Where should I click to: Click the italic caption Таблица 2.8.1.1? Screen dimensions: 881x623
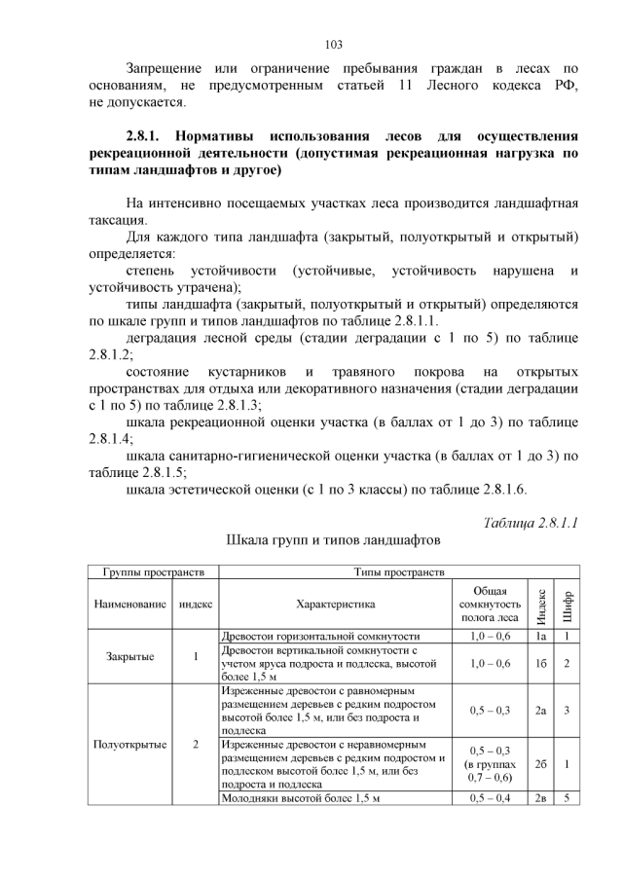[531, 523]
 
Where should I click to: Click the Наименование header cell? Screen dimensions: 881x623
[130, 604]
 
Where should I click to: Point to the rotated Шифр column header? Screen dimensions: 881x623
[568, 604]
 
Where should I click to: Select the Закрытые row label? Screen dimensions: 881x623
[130, 656]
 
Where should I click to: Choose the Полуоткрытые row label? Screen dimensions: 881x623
[130, 744]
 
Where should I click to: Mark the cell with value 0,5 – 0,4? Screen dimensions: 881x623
[489, 798]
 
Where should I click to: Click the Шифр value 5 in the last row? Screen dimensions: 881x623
[568, 798]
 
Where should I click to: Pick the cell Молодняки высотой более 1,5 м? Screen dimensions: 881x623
[299, 798]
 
